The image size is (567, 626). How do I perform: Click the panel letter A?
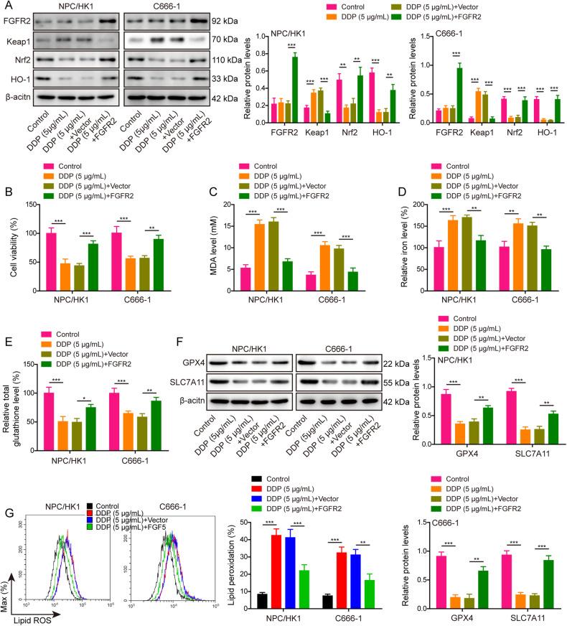coord(6,6)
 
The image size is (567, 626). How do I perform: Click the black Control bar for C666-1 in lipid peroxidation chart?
coord(327,589)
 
